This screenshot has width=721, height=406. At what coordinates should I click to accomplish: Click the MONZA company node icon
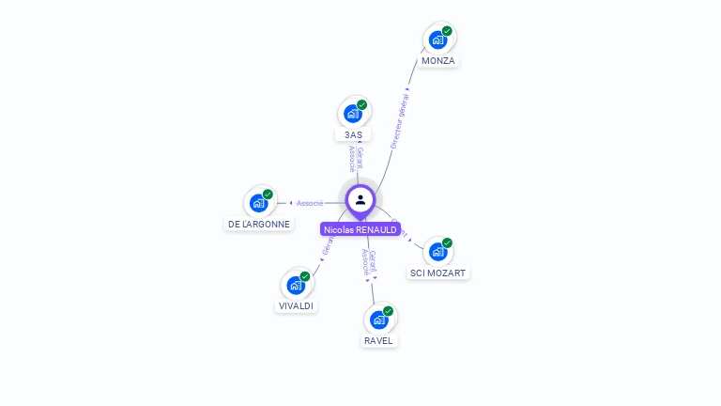(437, 40)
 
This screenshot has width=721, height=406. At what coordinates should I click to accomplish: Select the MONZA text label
(438, 61)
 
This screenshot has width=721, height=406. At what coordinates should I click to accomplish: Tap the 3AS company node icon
(352, 115)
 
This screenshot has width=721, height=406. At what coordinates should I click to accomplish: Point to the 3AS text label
(353, 135)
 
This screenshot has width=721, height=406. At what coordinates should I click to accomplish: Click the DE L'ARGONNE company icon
(258, 204)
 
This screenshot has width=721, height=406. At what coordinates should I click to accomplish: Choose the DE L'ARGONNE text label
(259, 225)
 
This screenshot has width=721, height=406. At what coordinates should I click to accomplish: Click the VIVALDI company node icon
(296, 286)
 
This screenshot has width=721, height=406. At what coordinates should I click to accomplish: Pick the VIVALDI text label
(297, 306)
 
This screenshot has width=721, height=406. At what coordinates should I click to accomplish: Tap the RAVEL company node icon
(378, 320)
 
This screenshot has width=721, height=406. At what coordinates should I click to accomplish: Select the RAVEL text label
(378, 340)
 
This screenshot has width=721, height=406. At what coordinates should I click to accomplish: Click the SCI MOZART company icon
(437, 252)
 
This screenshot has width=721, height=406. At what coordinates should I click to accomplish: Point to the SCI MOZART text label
(438, 273)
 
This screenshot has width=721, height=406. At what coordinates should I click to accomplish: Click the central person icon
(360, 199)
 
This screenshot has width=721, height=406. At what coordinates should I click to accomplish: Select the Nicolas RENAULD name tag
(360, 229)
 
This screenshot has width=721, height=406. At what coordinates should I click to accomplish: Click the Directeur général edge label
(400, 120)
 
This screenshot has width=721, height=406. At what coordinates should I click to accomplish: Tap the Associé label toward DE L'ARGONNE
(310, 203)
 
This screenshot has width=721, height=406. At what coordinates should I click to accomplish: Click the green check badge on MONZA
(447, 31)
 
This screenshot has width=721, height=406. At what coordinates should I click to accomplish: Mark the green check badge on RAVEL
(388, 311)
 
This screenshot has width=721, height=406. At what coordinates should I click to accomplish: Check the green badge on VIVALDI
(305, 276)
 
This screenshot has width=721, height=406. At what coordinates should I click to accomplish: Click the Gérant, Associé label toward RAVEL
(370, 264)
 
